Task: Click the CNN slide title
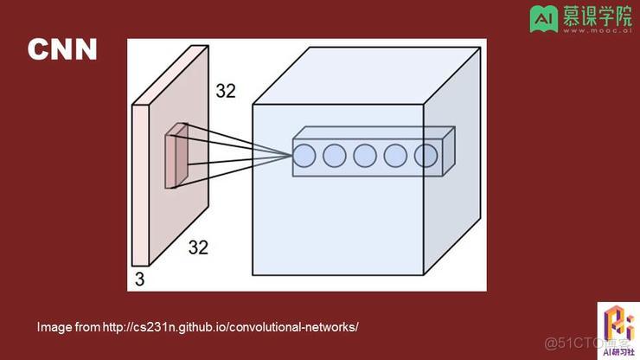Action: pyautogui.click(x=61, y=49)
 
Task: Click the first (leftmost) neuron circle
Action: pyautogui.click(x=304, y=156)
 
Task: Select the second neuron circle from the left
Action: pyautogui.click(x=335, y=156)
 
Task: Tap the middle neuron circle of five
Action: pyautogui.click(x=365, y=156)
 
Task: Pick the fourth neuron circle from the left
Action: pyautogui.click(x=395, y=156)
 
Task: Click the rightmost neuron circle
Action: pyautogui.click(x=426, y=156)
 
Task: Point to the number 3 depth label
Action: pyautogui.click(x=138, y=279)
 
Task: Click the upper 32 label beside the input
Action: pyautogui.click(x=225, y=92)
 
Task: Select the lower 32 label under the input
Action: pyautogui.click(x=198, y=247)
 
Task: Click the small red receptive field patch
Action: pyautogui.click(x=176, y=156)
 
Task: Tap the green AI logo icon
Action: pyautogui.click(x=543, y=20)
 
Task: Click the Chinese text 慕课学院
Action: pyautogui.click(x=596, y=16)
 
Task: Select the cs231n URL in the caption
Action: pyautogui.click(x=230, y=327)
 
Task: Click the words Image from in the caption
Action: pyautogui.click(x=68, y=327)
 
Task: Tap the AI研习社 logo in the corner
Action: pyautogui.click(x=618, y=330)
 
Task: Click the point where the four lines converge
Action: pyautogui.click(x=291, y=156)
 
